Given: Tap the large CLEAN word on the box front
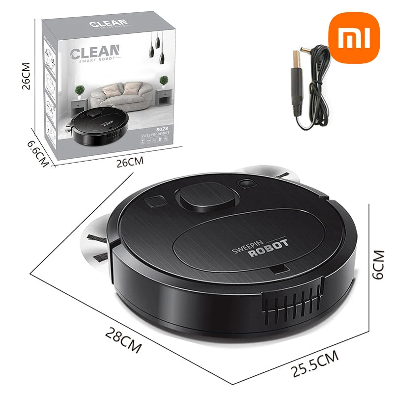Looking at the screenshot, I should tap(95, 52).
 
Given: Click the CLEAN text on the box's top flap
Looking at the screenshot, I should tap(109, 23).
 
